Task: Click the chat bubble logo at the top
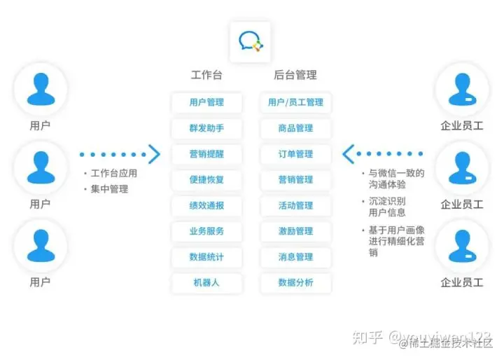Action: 251,40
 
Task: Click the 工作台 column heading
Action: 206,75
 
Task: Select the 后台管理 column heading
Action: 295,75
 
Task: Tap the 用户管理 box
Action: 206,102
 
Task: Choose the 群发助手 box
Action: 206,128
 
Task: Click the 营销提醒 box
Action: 206,154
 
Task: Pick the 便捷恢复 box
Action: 206,180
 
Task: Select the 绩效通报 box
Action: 206,206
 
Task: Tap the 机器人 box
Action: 206,283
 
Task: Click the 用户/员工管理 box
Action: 295,102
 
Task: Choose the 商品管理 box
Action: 295,128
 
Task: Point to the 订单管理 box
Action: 295,154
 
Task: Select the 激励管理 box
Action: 295,231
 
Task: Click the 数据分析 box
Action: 295,283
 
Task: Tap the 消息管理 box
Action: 295,257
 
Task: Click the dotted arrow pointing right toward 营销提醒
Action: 120,153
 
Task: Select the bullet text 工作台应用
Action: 114,174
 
